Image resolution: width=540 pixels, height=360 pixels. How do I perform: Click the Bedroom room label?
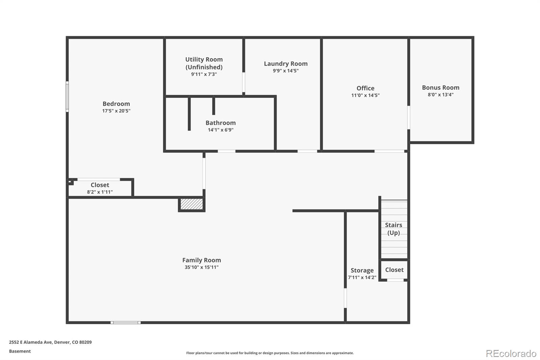116,104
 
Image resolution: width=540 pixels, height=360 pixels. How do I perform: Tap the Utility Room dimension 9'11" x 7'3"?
204,74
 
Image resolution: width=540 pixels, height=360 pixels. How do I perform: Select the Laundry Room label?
286,63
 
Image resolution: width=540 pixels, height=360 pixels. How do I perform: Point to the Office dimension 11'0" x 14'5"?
365,95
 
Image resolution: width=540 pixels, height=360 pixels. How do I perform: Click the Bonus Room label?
440,87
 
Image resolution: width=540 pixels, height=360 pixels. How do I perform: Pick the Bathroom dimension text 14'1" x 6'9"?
220,130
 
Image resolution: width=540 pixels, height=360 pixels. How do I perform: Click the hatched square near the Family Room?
192,204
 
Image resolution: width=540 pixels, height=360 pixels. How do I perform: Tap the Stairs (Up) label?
394,229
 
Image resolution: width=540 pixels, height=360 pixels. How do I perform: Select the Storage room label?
362,270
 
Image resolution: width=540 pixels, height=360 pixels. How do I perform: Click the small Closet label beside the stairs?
394,270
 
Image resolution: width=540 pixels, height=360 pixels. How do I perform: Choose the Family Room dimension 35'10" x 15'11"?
201,267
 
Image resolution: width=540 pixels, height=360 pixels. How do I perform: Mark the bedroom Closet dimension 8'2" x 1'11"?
100,192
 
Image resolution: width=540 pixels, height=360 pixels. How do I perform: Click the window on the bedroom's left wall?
67,97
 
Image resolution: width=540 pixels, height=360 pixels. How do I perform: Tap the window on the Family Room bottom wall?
126,323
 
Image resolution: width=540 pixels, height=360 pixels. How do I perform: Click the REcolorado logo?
511,353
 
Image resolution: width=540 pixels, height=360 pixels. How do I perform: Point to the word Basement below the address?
20,351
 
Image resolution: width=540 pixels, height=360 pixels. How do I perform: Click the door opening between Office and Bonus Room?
409,118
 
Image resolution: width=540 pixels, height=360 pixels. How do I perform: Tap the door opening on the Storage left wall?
345,298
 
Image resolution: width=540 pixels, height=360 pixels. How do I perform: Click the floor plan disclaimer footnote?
270,353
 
